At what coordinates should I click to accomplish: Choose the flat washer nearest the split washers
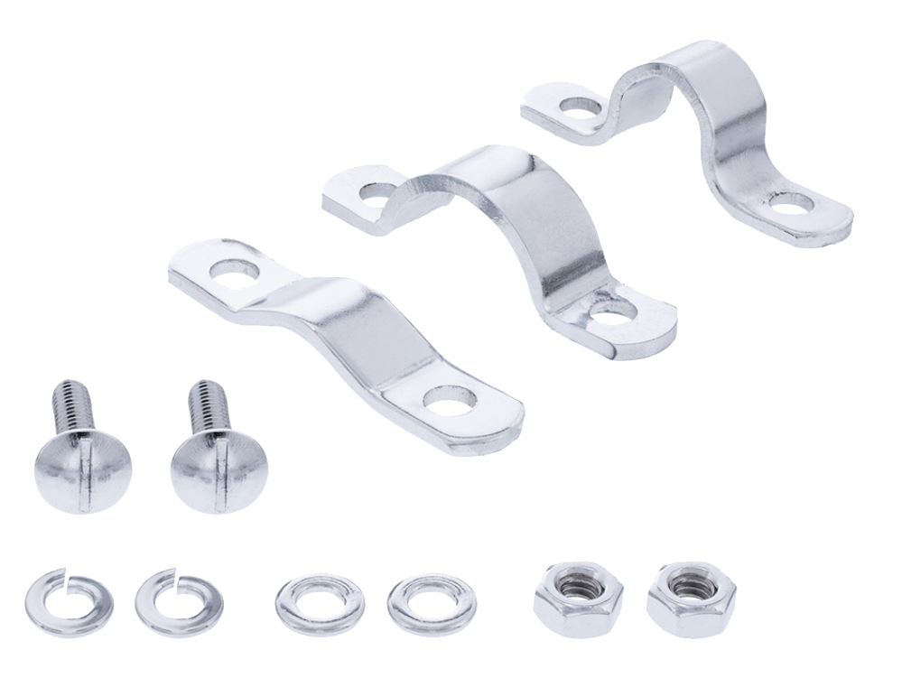point(320,602)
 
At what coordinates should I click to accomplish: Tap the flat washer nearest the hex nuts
point(431,602)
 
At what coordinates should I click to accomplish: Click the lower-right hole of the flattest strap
point(450,401)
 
